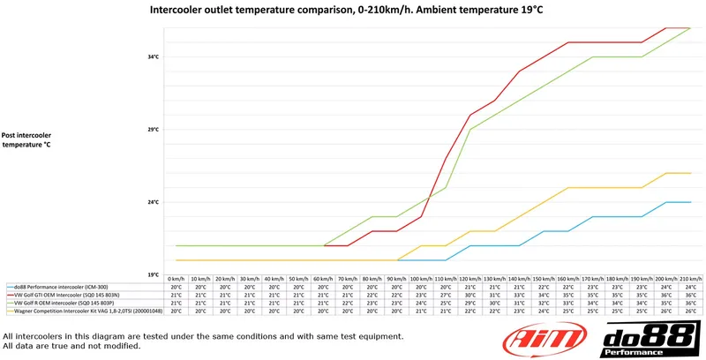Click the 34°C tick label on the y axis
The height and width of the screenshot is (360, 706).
(153, 57)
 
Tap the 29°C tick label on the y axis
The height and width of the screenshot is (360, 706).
(153, 130)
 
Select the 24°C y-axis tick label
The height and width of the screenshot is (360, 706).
(153, 202)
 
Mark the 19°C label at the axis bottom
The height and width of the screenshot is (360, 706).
(153, 274)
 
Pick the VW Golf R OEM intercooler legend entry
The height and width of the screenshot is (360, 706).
(70, 303)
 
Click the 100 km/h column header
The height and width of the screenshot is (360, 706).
(421, 279)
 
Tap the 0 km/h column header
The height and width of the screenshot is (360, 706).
(176, 279)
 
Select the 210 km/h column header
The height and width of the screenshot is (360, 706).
(690, 279)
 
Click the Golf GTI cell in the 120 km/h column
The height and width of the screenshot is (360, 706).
(470, 295)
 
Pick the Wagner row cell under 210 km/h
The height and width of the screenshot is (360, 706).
(690, 311)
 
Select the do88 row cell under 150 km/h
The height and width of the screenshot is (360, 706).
(544, 287)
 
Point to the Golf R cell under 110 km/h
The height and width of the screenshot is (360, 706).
(446, 303)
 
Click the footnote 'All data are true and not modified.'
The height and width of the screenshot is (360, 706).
(72, 345)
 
